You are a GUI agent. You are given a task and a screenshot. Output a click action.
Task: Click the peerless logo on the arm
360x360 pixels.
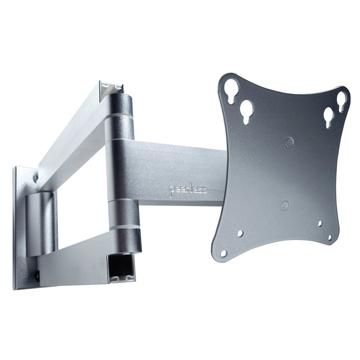coord(188,189)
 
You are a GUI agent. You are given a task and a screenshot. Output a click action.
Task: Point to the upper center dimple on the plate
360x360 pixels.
coord(290,142)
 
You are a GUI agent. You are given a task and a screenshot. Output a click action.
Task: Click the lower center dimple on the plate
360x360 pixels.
coord(285,205)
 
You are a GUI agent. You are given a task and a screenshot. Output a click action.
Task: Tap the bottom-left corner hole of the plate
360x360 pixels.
coord(224,253)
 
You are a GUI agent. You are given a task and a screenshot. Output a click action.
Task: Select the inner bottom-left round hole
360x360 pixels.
coord(240,234)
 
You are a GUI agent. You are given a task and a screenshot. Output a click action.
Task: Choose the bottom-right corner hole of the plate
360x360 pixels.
coord(330,237)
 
